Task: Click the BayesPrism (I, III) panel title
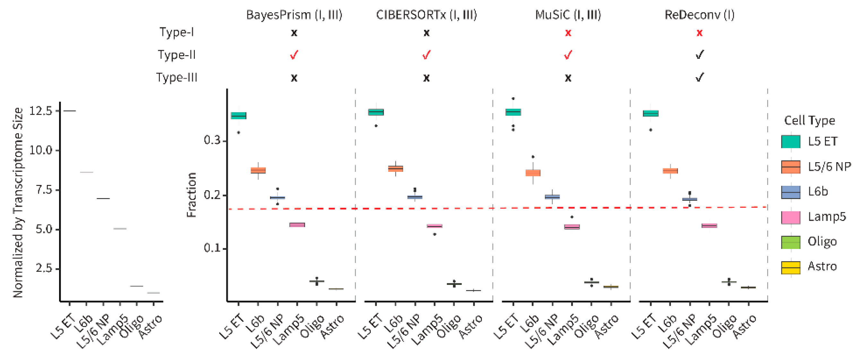pos(294,15)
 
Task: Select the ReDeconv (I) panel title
pos(699,15)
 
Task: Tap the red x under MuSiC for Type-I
pos(568,33)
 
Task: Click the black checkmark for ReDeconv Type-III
pos(699,77)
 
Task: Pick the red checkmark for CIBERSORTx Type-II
pos(426,55)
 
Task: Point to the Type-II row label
pos(177,55)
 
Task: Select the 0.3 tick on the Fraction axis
pos(212,140)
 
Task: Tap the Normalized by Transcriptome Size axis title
pos(18,202)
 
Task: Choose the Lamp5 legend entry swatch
pos(791,217)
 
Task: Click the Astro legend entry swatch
pos(791,267)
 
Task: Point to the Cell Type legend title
pos(809,120)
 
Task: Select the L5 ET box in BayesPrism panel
pos(239,116)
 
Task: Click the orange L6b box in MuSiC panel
pos(533,173)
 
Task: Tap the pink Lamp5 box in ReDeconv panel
pos(709,226)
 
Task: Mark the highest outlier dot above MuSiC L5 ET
pos(513,99)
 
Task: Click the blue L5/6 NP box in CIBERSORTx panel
pos(415,197)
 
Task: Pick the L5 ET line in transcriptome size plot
pos(69,110)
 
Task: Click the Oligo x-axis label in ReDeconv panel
pos(725,326)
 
